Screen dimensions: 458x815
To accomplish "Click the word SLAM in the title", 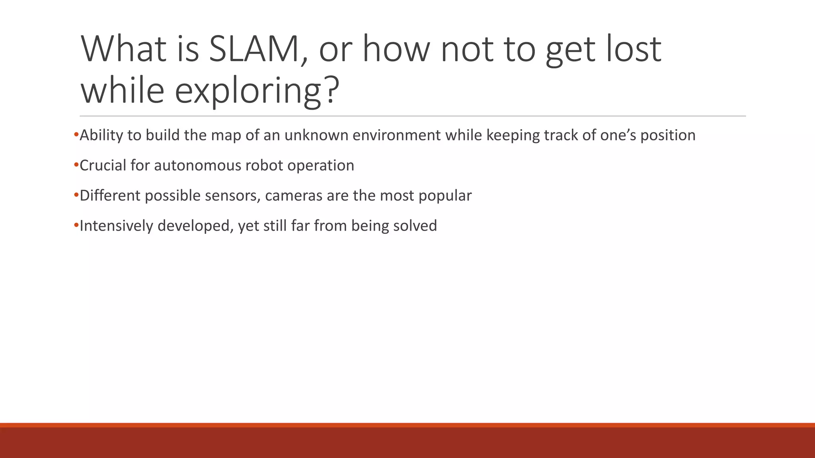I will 254,49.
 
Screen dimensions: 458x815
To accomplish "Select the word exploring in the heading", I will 248,91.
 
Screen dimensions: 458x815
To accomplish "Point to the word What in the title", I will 123,49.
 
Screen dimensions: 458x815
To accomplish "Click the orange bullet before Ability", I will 76,135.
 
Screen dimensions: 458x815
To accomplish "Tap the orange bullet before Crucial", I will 76,165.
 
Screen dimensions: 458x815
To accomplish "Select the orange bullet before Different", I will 76,195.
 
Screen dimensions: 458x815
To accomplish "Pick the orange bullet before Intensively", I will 76,225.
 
